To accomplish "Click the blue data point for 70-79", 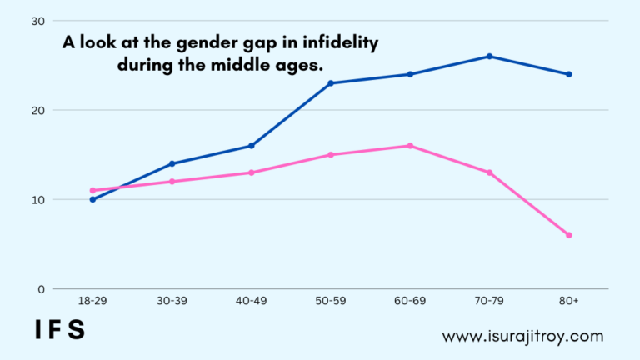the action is click(x=489, y=57).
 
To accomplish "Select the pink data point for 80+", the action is click(x=569, y=235).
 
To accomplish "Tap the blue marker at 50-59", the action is click(x=331, y=83).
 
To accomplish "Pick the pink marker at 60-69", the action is click(x=410, y=146).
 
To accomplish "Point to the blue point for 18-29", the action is click(x=92, y=200).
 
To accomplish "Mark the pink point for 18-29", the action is click(x=92, y=190).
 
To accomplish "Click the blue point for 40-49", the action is click(x=252, y=146).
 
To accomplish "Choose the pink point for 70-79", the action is click(x=489, y=172).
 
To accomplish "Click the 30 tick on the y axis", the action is click(x=38, y=21).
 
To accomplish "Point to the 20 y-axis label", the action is click(x=38, y=111).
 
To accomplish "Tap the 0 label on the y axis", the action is click(x=41, y=289).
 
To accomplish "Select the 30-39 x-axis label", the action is click(x=172, y=301).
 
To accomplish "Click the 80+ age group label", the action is click(x=569, y=301).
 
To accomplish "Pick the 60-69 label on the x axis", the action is click(x=410, y=301).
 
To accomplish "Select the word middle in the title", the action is click(x=237, y=65).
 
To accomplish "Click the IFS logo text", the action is click(x=60, y=330).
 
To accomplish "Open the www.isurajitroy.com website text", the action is click(x=522, y=337).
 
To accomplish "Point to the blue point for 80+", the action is click(x=569, y=74).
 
